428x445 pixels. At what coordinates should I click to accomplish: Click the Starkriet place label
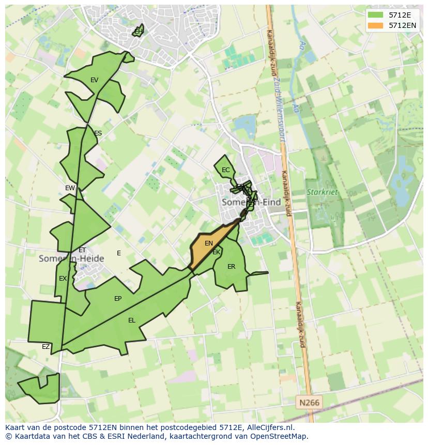[322, 192]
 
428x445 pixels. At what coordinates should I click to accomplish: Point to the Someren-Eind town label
[251, 203]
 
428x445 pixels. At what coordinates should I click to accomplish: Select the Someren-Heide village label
[71, 258]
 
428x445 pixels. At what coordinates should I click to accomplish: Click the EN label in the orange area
[209, 243]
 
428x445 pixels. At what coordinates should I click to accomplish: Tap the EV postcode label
[94, 80]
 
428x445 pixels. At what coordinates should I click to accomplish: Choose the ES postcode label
[98, 133]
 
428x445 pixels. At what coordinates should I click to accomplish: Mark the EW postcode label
[70, 188]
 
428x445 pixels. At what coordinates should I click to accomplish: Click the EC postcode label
[225, 170]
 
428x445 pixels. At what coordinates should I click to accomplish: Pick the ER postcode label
[231, 267]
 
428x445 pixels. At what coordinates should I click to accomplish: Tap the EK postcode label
[217, 252]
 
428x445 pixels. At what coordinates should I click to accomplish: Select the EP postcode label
[118, 299]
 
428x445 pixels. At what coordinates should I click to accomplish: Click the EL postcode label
[132, 320]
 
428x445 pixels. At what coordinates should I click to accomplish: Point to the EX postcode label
[63, 279]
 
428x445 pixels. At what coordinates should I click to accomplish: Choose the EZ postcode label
[45, 347]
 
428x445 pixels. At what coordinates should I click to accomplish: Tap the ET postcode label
[82, 250]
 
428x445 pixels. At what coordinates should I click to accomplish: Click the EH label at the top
[138, 32]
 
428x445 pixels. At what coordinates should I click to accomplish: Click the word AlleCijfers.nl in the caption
[269, 427]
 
